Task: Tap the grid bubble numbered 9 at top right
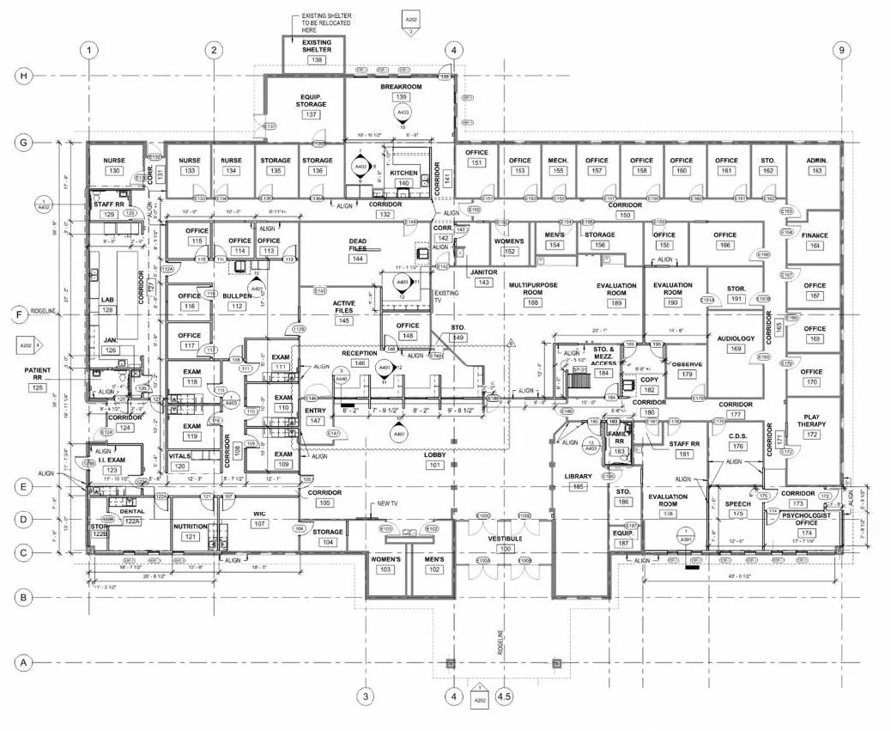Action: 842,50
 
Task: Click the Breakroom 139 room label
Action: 400,92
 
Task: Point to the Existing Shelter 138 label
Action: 317,50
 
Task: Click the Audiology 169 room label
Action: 736,344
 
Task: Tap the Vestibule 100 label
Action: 505,542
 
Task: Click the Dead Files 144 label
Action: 357,250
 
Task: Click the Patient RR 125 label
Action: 38,379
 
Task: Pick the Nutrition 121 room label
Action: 190,531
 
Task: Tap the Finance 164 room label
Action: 814,241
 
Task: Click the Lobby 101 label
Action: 433,460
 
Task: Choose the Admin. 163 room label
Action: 816,166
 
